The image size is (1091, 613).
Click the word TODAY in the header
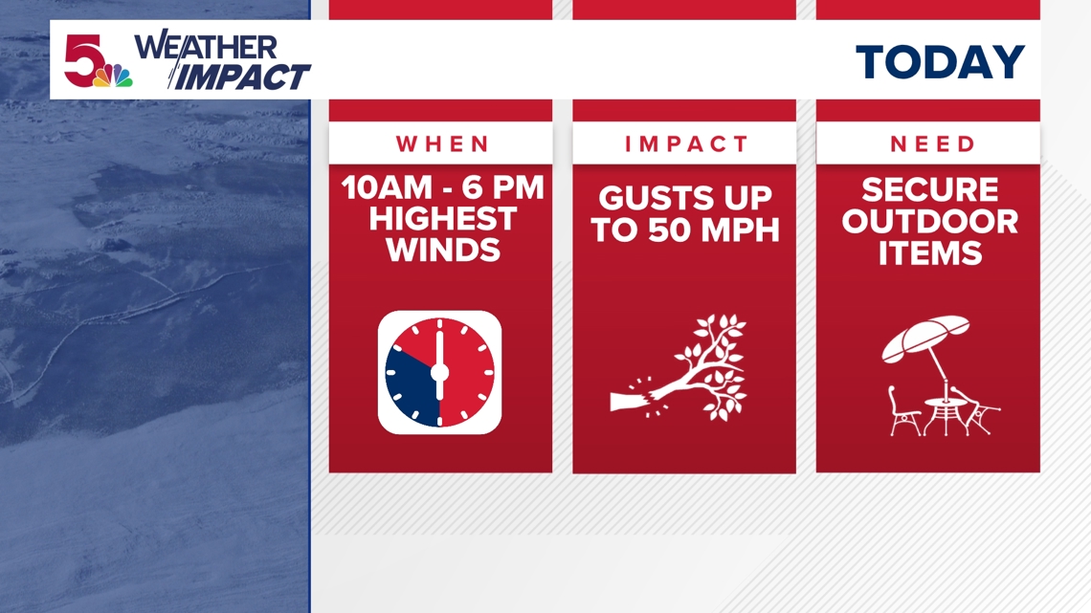tap(940, 63)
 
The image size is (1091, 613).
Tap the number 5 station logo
tap(82, 59)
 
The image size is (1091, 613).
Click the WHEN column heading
tap(441, 144)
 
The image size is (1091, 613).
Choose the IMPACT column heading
tap(684, 144)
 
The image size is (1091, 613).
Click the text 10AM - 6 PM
tap(441, 188)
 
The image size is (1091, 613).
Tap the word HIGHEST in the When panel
tap(441, 219)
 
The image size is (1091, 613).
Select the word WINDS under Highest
tap(441, 251)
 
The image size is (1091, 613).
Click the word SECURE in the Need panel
tap(928, 189)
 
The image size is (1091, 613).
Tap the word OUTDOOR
tap(928, 222)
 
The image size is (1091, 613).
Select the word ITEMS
tap(928, 253)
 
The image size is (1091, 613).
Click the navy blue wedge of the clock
tap(409, 379)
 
